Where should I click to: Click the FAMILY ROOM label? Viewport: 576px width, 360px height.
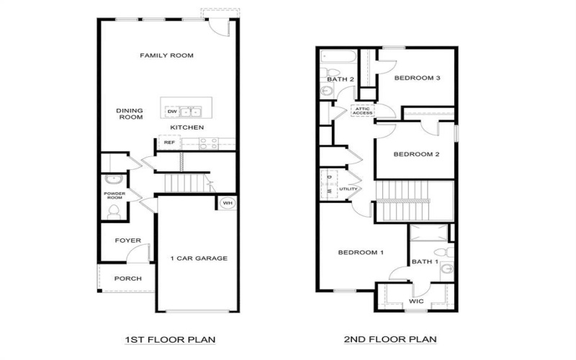tap(166, 55)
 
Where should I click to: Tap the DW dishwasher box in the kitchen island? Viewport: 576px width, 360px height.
tap(172, 112)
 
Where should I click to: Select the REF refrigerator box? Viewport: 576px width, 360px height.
tap(170, 143)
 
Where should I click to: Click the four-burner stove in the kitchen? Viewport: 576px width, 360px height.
tap(207, 143)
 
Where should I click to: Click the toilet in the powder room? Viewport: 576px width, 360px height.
tap(114, 211)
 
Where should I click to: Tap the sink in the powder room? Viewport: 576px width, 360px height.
tap(112, 179)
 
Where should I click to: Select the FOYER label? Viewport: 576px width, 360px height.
tap(128, 240)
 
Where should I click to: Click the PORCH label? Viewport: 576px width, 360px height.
tap(128, 279)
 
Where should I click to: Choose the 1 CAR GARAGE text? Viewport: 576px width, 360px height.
tap(199, 258)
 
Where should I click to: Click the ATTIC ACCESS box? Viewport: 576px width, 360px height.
tap(362, 111)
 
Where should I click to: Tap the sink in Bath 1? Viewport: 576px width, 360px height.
tap(447, 268)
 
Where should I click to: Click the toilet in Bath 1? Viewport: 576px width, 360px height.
tap(446, 251)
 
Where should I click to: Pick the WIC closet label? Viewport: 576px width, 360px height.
tap(415, 301)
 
